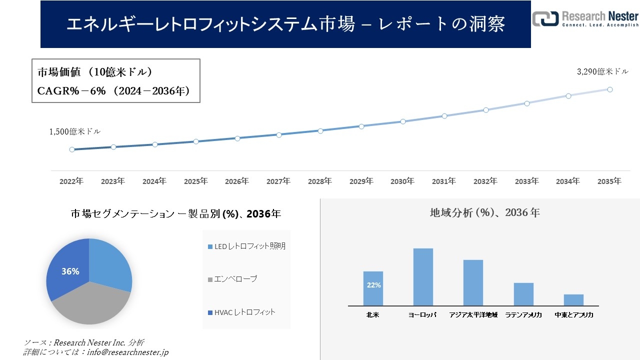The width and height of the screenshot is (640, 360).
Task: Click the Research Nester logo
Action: point(585,19)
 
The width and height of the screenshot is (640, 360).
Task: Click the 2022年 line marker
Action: point(72,149)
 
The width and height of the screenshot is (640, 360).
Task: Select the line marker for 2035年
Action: point(610,89)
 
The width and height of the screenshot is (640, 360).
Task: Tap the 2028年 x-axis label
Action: point(319,181)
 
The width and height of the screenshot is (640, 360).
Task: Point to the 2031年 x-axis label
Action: point(443,181)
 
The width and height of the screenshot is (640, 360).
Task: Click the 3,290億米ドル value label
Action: point(602,72)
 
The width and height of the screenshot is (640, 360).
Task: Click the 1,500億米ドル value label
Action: point(74,131)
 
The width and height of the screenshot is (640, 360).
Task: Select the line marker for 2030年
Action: point(402,121)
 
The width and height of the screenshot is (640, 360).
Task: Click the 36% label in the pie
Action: point(70,271)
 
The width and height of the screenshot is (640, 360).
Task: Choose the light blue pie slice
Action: point(110,265)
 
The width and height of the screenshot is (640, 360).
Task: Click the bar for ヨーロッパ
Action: point(423,277)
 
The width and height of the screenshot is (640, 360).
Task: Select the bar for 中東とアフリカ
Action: point(573,300)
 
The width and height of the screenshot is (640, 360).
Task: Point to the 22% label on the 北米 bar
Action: point(373,285)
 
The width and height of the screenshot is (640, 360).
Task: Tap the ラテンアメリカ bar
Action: point(523,294)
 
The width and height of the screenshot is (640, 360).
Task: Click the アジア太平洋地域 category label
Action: point(473,315)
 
